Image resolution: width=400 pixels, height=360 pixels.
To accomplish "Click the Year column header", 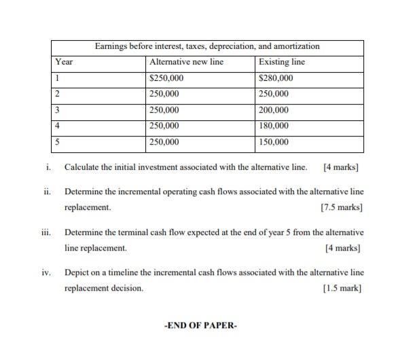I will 65,62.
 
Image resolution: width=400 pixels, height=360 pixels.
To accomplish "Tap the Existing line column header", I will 282,62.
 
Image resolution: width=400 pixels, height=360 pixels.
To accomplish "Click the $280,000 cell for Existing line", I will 274,78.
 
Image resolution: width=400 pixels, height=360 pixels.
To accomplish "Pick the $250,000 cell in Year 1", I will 166,78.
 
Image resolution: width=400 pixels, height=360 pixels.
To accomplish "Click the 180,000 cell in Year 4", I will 274,126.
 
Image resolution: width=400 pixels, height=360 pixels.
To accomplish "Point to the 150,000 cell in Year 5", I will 274,142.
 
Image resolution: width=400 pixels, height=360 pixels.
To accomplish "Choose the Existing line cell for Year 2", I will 274,94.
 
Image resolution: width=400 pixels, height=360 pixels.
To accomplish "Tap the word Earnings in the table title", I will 111,46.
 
